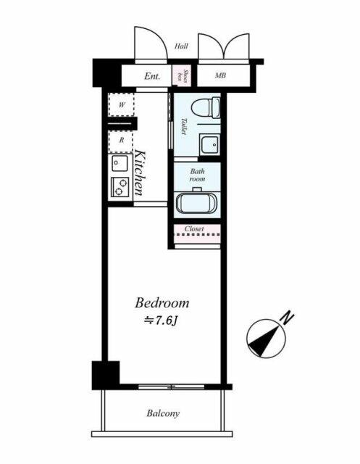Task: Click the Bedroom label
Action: coord(162,303)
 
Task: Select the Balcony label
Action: coord(163,413)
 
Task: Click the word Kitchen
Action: coord(140,173)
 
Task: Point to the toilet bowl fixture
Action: coord(206,108)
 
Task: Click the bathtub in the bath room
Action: coord(197,202)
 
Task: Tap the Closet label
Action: coord(194,229)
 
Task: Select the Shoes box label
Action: coord(182,75)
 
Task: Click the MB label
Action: coord(220,75)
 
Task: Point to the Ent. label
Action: coord(152,76)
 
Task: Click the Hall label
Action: coord(181,46)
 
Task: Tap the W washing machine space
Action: coord(121,104)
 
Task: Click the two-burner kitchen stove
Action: coord(120,187)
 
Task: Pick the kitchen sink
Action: coord(120,163)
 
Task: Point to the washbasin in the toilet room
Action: coord(209,145)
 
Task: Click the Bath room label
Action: coord(197,175)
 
